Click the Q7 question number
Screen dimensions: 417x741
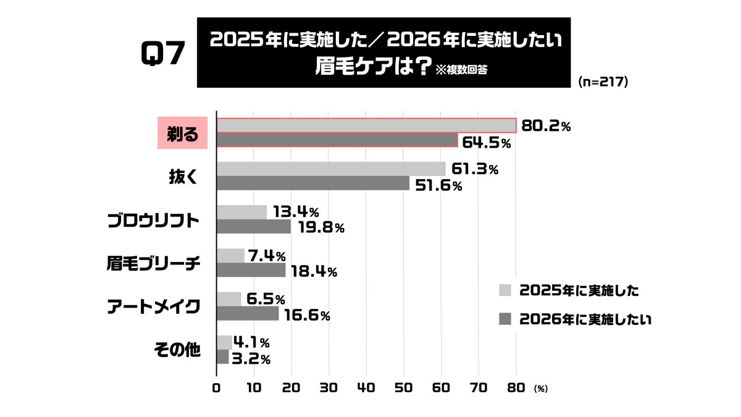[x=163, y=54]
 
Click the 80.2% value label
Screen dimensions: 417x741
[x=546, y=125]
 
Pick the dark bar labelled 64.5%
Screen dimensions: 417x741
[x=337, y=140]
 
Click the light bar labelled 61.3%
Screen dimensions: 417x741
[x=331, y=169]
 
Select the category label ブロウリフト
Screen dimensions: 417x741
[x=153, y=221]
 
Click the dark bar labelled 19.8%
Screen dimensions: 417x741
[x=254, y=227]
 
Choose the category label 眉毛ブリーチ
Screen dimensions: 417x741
[x=153, y=264]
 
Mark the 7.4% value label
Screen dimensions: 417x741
[x=266, y=256]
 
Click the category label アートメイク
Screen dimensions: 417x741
[x=153, y=307]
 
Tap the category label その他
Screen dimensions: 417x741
[x=177, y=350]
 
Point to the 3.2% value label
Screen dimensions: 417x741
[x=251, y=358]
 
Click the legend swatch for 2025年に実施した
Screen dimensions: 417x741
[x=504, y=290]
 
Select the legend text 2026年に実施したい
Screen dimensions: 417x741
[x=586, y=319]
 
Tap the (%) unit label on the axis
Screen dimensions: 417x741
[x=541, y=389]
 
